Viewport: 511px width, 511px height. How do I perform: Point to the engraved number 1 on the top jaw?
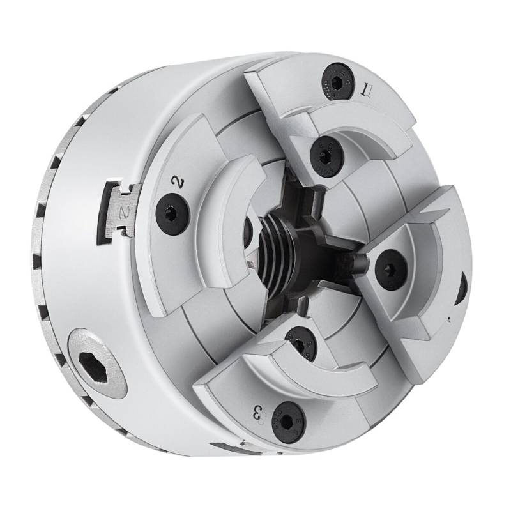[x=366, y=89]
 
